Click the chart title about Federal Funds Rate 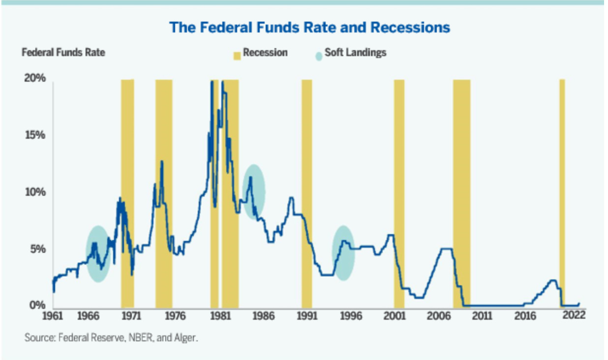tap(309, 28)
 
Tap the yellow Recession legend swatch tap(237, 53)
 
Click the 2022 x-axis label tap(574, 315)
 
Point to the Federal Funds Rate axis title tap(63, 53)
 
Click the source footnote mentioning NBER tap(111, 338)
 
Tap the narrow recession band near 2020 tap(562, 192)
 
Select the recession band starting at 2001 tap(399, 192)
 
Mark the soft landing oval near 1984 tap(254, 192)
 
